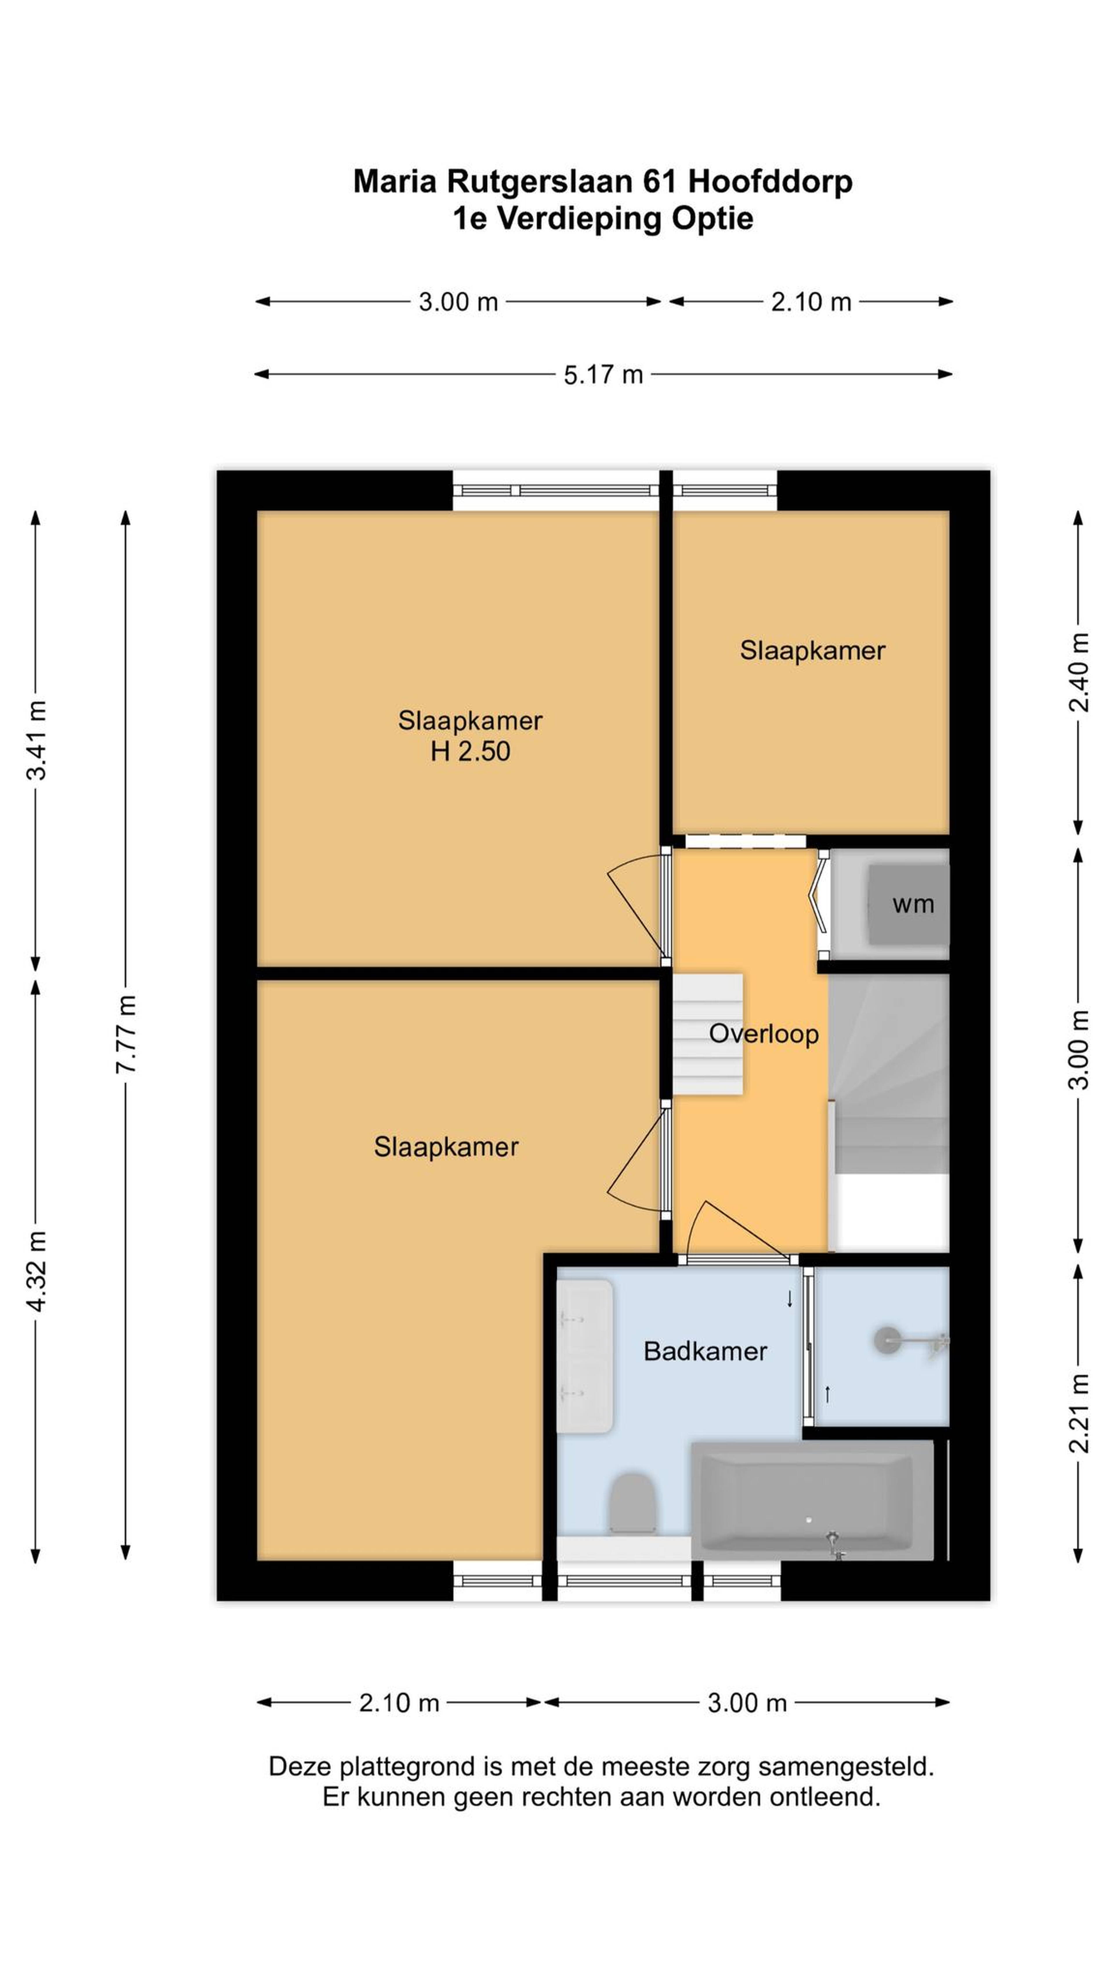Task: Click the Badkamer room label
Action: pyautogui.click(x=705, y=1351)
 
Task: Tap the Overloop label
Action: pyautogui.click(x=764, y=1035)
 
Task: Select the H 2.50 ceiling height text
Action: pyautogui.click(x=470, y=751)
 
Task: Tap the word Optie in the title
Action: pyautogui.click(x=713, y=219)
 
